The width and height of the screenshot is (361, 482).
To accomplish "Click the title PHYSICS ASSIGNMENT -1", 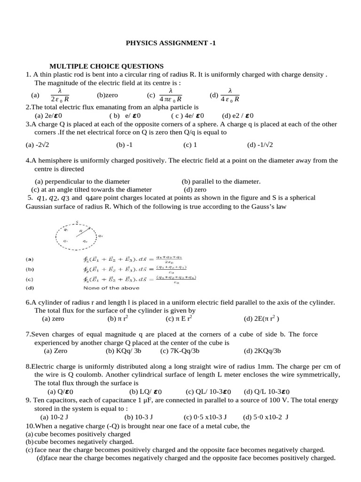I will pos(170,43).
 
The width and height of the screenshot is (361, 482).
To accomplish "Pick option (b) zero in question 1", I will pos(108,95).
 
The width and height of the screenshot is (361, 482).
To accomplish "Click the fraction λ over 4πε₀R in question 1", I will pos(171,95).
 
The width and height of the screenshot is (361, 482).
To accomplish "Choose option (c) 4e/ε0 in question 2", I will pos(188,115).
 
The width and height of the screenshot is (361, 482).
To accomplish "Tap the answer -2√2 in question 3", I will pos(46,145).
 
